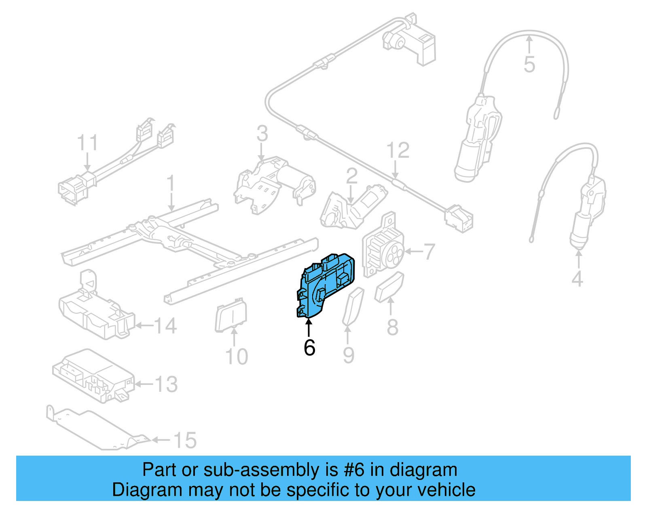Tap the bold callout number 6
click(x=309, y=348)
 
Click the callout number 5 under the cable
click(x=529, y=65)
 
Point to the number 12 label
click(x=398, y=150)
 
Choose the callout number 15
click(x=185, y=440)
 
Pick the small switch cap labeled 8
click(x=389, y=287)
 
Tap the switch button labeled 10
click(x=231, y=316)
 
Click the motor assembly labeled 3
click(x=275, y=184)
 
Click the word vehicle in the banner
click(x=450, y=490)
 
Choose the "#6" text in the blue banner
click(x=354, y=470)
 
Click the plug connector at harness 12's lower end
click(x=459, y=218)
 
